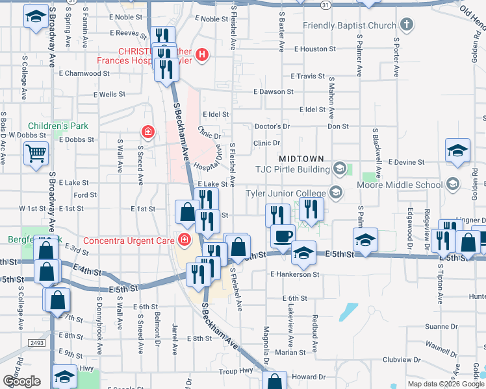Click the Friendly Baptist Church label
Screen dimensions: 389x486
click(349, 26)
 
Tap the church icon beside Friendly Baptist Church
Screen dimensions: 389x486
click(406, 26)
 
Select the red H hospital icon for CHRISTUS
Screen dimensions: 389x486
click(201, 54)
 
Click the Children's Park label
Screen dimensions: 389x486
click(57, 126)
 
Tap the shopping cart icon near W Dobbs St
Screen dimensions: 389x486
click(36, 154)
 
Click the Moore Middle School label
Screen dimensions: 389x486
click(400, 185)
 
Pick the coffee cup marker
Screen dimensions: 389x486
click(283, 235)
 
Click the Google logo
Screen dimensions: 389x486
click(21, 381)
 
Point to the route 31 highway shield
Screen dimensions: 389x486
click(325, 5)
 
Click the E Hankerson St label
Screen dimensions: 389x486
click(295, 274)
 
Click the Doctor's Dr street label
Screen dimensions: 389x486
click(272, 126)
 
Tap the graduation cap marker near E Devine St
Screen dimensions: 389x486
click(457, 150)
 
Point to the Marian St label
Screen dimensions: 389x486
click(285, 353)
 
